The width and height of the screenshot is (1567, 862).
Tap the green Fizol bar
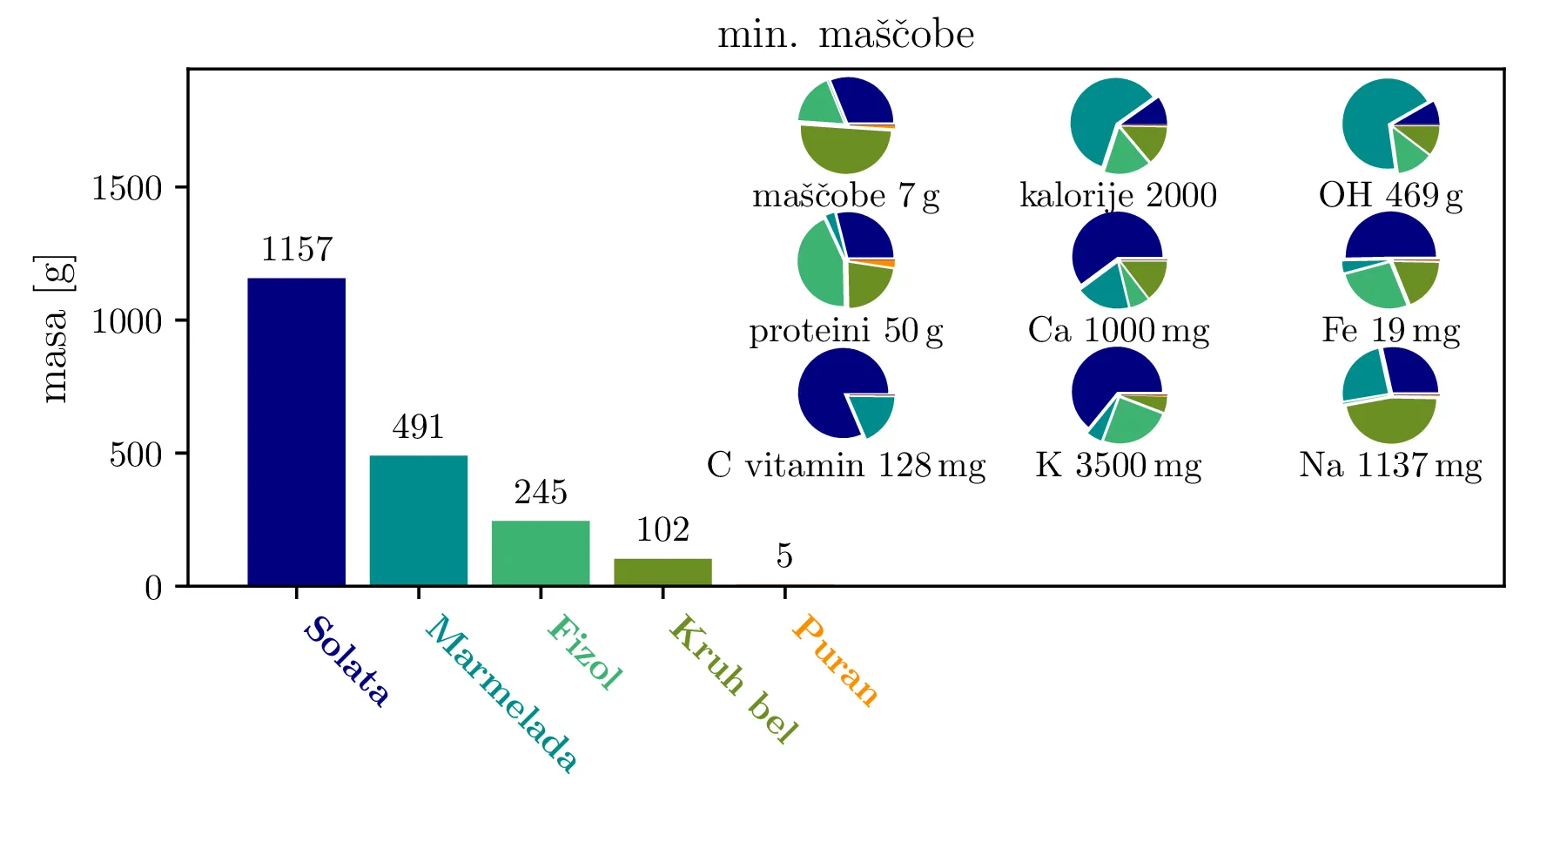click(x=540, y=553)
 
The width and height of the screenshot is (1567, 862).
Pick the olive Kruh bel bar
click(x=662, y=572)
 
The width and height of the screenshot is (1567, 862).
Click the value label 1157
click(x=297, y=250)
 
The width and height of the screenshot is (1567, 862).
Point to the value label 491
click(x=418, y=428)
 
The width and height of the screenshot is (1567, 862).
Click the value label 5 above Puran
click(x=784, y=556)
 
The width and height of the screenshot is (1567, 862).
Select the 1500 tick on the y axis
click(x=127, y=188)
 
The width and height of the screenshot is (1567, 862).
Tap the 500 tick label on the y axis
click(x=136, y=455)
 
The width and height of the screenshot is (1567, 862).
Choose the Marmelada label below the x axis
click(x=501, y=693)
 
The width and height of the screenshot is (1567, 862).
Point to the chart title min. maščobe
click(x=845, y=35)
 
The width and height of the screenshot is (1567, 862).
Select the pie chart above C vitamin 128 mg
click(x=845, y=394)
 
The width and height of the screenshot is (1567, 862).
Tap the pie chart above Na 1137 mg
click(x=1390, y=394)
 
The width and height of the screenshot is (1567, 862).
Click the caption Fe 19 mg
click(x=1390, y=331)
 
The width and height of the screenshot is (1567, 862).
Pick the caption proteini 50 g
click(x=845, y=331)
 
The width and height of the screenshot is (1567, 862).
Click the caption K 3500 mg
click(x=1118, y=465)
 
